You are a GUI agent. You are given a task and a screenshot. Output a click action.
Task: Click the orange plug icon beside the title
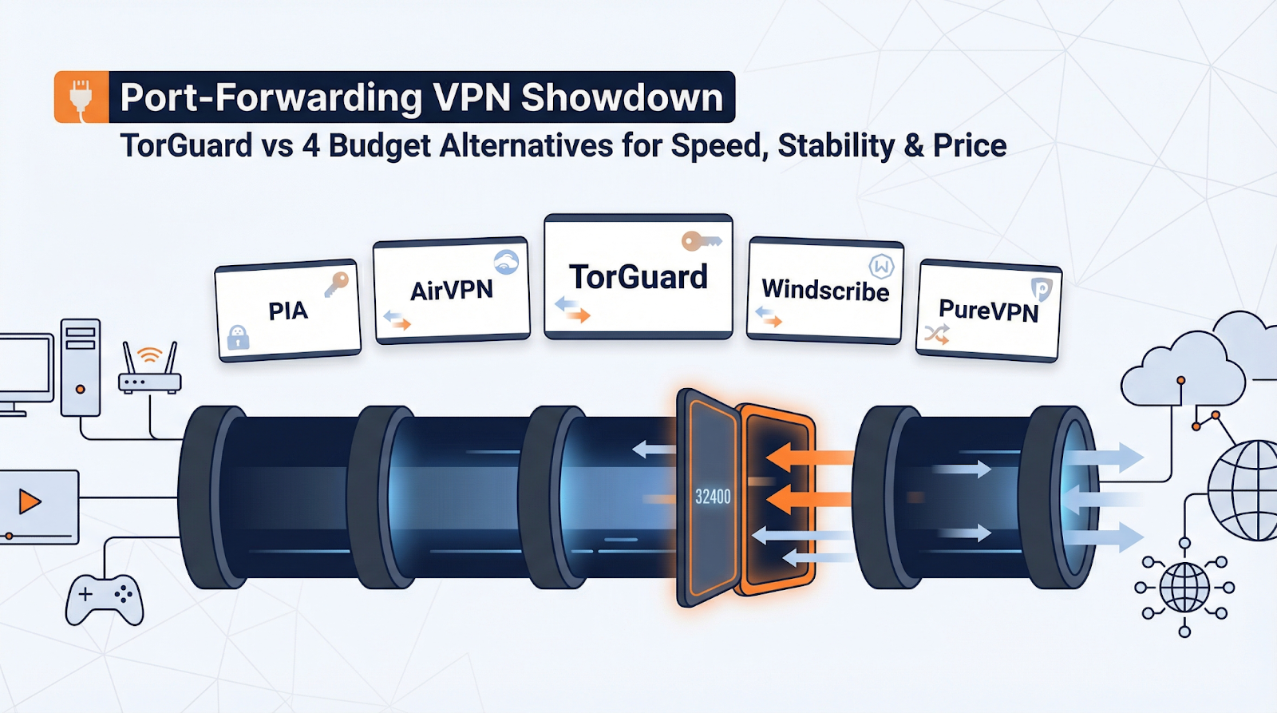[81, 97]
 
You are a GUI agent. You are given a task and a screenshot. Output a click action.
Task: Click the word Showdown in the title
[622, 97]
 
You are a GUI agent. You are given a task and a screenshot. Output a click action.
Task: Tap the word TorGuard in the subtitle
[186, 146]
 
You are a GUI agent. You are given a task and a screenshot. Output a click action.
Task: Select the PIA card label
[287, 311]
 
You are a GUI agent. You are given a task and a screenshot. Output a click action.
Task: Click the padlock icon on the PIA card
[238, 337]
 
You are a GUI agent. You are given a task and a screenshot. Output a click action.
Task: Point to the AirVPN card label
[451, 290]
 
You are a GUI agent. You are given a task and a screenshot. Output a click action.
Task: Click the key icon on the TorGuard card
[700, 240]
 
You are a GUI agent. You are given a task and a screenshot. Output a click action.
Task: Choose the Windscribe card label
[825, 290]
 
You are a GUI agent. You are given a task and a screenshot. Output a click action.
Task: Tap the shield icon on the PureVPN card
[1041, 289]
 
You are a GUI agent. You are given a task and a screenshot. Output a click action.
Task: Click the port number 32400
[713, 497]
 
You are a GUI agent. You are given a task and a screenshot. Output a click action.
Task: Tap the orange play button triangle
[30, 501]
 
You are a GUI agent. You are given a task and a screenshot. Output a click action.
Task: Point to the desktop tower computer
[81, 367]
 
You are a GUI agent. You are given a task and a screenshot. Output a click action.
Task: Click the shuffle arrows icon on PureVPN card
[936, 335]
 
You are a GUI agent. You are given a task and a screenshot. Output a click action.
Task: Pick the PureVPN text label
[988, 311]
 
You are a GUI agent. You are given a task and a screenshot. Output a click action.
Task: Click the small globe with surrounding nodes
[1184, 588]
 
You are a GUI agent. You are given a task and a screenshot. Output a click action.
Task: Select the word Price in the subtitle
[970, 146]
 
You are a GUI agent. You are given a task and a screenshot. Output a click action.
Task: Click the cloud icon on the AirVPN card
[506, 262]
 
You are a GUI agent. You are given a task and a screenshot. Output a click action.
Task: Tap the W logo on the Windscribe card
[881, 266]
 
